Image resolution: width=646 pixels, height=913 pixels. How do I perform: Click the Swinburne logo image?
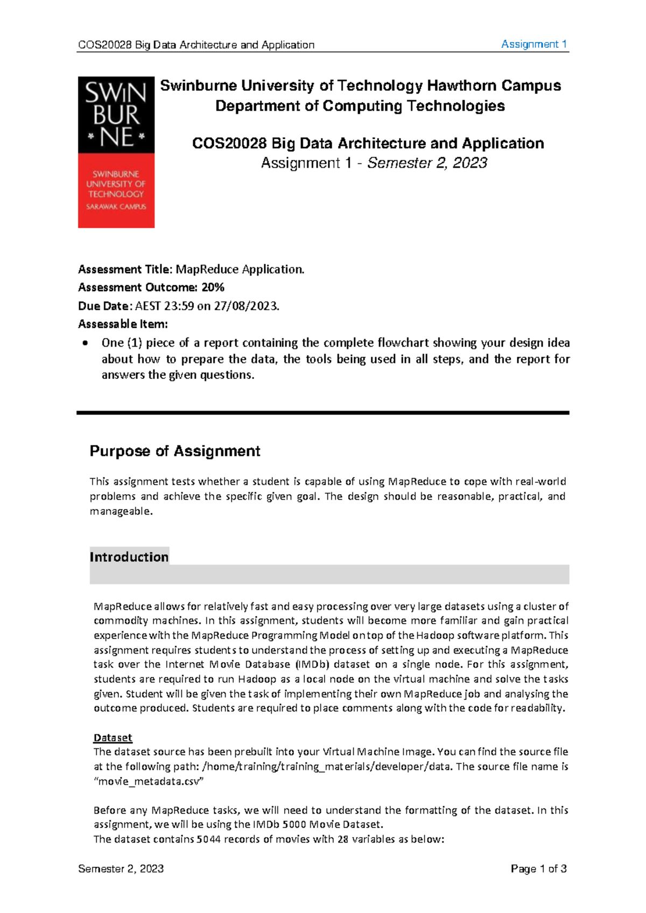click(x=116, y=152)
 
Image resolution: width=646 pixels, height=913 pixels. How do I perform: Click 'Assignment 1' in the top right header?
click(x=533, y=44)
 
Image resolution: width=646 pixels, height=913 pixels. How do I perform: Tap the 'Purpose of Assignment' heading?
click(x=174, y=451)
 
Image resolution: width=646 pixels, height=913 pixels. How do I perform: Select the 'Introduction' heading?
click(x=129, y=557)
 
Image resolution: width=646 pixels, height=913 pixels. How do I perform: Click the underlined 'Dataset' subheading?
click(x=113, y=738)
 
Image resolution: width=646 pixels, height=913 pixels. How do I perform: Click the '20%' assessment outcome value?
click(x=213, y=287)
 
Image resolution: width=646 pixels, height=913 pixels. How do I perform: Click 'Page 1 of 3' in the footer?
click(x=538, y=868)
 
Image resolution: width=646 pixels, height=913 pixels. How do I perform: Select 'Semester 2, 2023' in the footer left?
click(x=121, y=868)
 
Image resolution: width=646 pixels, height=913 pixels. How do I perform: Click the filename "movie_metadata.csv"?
click(x=149, y=781)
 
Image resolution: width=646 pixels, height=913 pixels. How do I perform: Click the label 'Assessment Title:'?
click(x=125, y=269)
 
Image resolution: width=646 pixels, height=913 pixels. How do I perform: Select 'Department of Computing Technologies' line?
click(x=360, y=106)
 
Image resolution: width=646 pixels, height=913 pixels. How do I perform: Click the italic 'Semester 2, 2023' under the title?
click(x=427, y=163)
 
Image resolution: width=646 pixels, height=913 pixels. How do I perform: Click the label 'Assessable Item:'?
click(x=123, y=324)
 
